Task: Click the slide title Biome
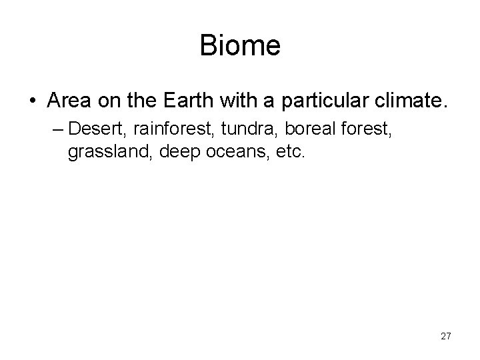pyautogui.click(x=240, y=46)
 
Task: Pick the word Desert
pyautogui.click(x=91, y=127)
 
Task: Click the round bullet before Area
pyautogui.click(x=33, y=101)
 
